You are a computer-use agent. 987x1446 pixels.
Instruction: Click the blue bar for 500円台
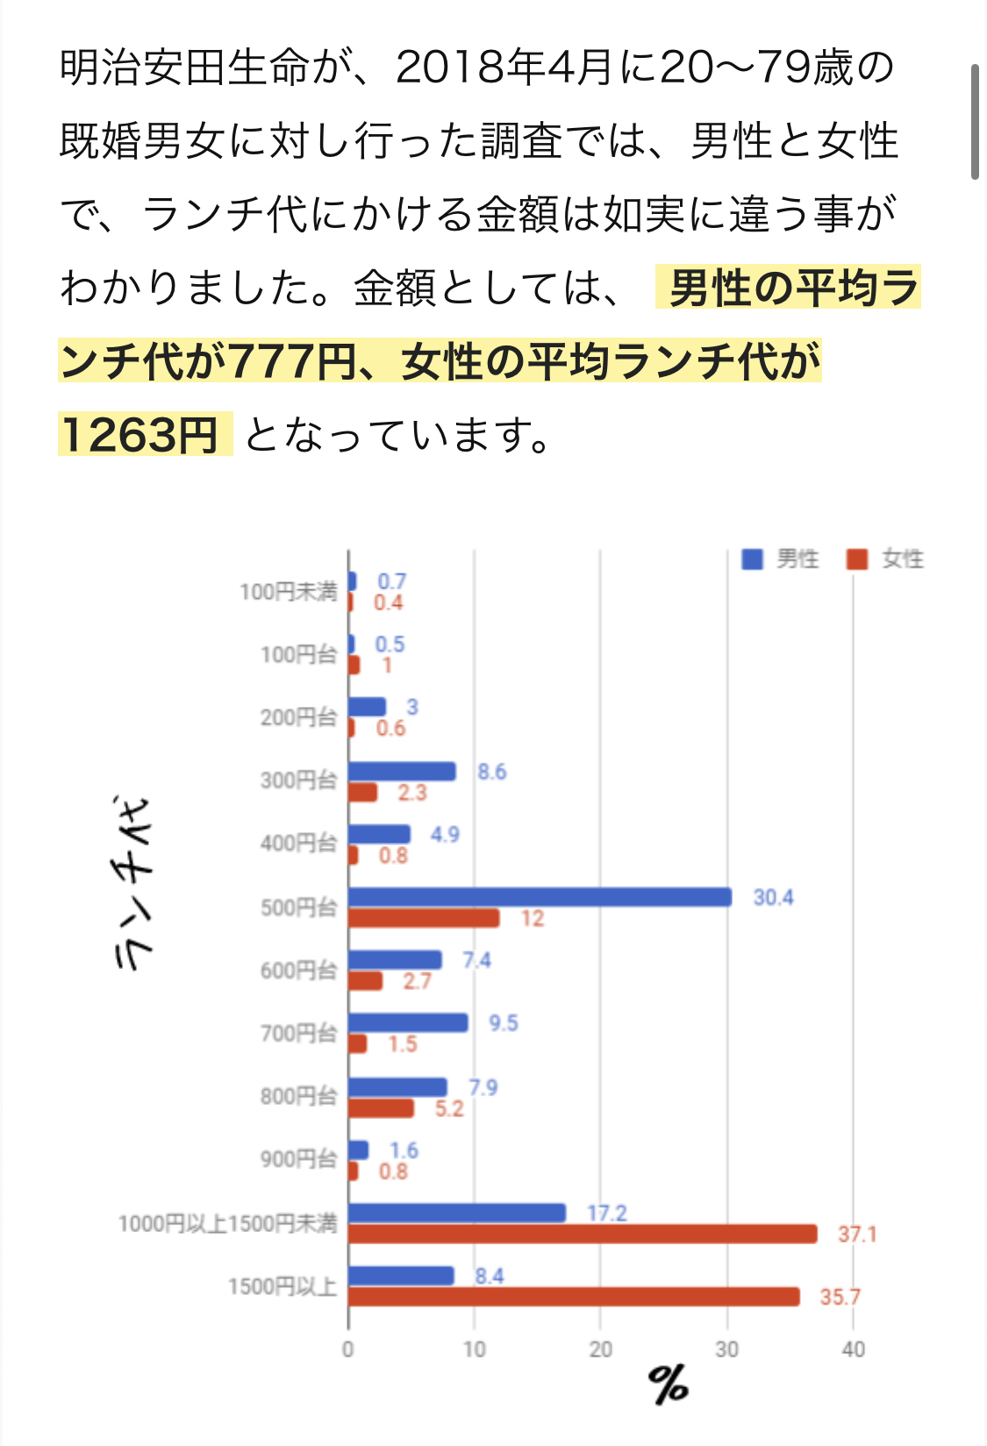pos(540,897)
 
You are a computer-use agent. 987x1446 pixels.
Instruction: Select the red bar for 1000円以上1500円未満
pos(583,1234)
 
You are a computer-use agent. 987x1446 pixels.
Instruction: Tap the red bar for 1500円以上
pos(574,1297)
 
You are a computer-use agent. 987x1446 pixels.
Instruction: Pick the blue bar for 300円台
pos(402,772)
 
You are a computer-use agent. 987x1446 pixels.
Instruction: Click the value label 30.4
pos(773,897)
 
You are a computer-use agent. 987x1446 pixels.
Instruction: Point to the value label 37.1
pos(857,1235)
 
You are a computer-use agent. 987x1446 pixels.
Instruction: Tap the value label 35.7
pos(840,1297)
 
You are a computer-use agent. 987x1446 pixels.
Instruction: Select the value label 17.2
pos(607,1213)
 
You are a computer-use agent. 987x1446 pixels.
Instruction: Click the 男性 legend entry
pos(780,559)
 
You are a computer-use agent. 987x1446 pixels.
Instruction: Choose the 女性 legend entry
pos(885,559)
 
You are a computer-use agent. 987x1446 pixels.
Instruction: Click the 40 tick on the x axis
pos(853,1349)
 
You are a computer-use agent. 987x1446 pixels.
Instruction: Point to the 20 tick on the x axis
pos(600,1349)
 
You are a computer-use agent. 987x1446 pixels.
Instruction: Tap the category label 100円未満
pos(288,592)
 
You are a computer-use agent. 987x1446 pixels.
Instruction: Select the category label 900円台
pos(298,1159)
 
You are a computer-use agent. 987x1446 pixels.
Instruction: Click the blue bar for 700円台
pos(408,1022)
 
